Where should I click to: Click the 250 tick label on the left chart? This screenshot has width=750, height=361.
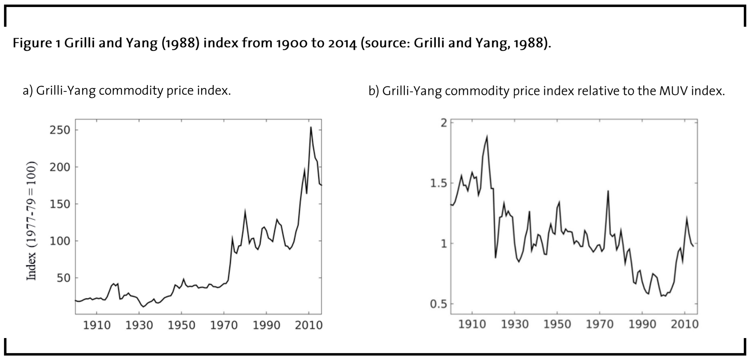[x=60, y=130]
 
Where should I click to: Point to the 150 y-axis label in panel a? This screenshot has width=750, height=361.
[x=60, y=204]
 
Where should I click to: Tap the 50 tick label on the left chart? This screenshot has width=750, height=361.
[x=63, y=278]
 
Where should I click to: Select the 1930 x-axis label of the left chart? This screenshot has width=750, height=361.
[x=139, y=325]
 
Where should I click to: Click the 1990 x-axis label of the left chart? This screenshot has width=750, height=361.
[x=266, y=325]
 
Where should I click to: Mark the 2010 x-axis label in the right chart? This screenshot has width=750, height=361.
[x=685, y=324]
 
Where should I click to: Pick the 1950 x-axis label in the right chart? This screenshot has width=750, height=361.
[x=557, y=324]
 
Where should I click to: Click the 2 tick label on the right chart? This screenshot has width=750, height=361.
[x=444, y=123]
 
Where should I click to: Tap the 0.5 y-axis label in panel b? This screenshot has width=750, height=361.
[x=438, y=304]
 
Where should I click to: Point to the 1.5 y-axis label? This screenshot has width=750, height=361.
[x=438, y=183]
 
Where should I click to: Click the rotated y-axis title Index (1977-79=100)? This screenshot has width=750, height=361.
[x=31, y=221]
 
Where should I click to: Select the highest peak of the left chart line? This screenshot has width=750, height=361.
[x=311, y=127]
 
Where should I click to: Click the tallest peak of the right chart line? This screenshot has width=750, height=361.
[x=487, y=137]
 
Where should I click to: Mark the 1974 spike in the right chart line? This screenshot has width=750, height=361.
[x=608, y=191]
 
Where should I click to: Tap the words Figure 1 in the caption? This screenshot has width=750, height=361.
[x=36, y=43]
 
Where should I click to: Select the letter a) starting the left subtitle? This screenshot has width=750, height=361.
[x=28, y=91]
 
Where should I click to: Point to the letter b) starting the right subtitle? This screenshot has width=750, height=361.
[x=374, y=91]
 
